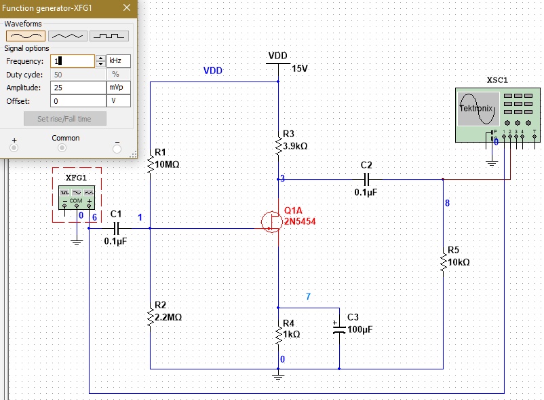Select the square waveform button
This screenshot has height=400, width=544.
pos(109,35)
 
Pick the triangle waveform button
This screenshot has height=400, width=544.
pos(67,35)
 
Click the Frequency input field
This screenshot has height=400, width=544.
pos(73,61)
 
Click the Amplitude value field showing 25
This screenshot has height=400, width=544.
pos(77,88)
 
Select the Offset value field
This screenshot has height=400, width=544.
pos(77,101)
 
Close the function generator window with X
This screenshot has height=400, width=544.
pos(126,8)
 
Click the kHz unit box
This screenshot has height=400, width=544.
pos(118,61)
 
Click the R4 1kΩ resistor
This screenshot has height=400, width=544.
pos(278,333)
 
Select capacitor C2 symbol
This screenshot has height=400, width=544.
pos(366,179)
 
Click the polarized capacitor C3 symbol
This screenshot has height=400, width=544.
pos(339,329)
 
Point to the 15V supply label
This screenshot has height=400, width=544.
pos(299,69)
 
